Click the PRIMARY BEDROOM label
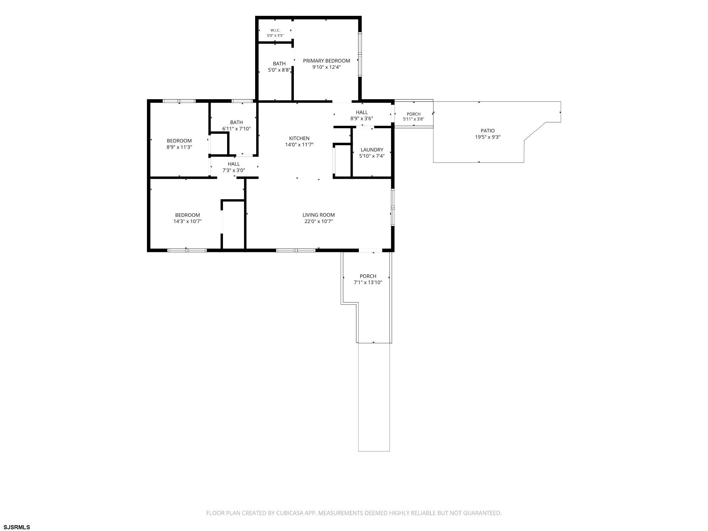(x=326, y=61)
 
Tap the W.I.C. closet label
(x=275, y=30)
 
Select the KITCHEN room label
(x=299, y=138)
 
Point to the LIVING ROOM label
(x=319, y=215)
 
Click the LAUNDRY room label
(x=372, y=150)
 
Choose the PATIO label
(x=488, y=131)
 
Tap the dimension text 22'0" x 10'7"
(x=319, y=221)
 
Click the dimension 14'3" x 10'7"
(x=187, y=221)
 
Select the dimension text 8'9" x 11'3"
(x=179, y=147)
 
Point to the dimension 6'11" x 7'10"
(x=236, y=129)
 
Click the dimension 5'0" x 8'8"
(x=279, y=70)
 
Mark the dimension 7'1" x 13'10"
(x=368, y=282)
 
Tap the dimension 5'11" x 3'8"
(x=413, y=119)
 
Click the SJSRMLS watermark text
(x=16, y=527)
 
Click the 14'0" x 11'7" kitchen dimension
(x=299, y=145)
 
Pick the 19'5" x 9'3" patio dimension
(x=488, y=137)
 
